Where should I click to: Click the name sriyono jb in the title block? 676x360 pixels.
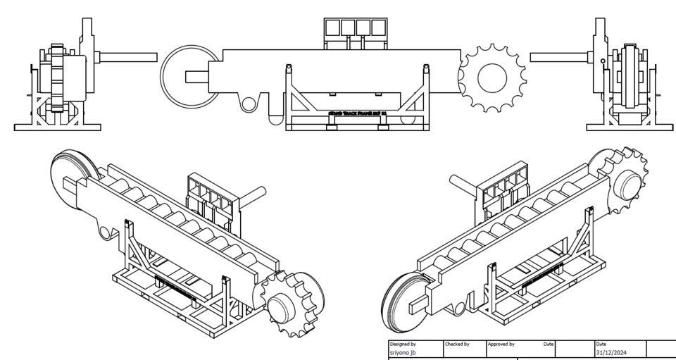click(403, 352)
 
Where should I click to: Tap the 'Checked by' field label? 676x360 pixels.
click(458, 345)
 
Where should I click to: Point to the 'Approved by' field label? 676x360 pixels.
click(501, 345)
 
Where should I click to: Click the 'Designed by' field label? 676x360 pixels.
click(403, 345)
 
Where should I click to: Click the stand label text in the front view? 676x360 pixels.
click(356, 112)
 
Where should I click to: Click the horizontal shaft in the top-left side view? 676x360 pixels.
click(127, 56)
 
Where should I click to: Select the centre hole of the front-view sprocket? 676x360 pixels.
click(492, 76)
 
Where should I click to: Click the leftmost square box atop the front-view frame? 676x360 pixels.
click(333, 27)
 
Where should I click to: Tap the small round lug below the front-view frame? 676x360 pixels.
click(249, 104)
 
